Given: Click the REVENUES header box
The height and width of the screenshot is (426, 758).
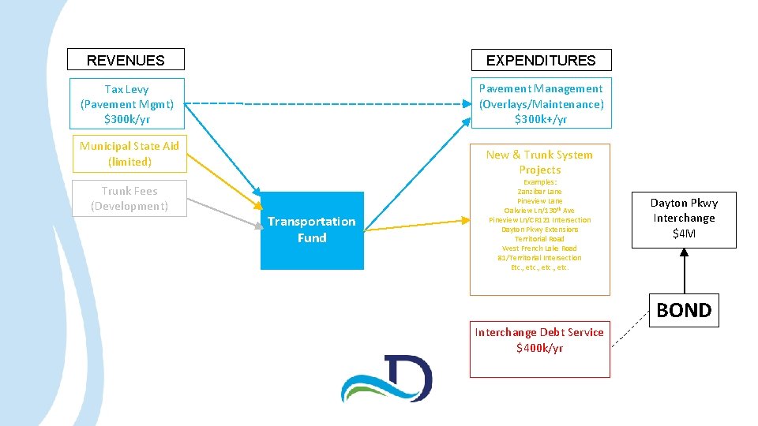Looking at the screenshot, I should tap(126, 60).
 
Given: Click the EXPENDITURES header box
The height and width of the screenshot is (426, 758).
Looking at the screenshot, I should tap(541, 60).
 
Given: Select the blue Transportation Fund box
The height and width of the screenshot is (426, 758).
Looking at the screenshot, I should tap(312, 230).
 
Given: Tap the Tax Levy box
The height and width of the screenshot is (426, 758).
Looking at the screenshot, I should tap(126, 103).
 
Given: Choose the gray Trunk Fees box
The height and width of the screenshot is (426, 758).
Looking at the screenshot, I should tap(129, 198).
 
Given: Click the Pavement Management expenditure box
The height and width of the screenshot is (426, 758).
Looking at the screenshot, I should tap(541, 103).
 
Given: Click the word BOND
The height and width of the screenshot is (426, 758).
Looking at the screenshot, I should tap(684, 310).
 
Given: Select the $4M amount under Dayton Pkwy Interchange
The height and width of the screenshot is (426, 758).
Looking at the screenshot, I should tap(683, 234).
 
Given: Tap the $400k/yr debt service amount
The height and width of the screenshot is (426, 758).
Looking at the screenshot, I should tap(539, 348).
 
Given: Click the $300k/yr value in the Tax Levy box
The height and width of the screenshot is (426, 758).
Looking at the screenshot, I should tap(126, 119).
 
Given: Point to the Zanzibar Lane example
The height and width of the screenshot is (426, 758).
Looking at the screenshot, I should tap(539, 192).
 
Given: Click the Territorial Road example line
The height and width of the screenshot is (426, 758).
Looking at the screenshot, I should tap(539, 239).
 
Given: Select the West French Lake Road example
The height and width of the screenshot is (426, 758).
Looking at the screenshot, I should tap(539, 248).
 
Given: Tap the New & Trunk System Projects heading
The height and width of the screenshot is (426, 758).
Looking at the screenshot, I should tap(539, 162).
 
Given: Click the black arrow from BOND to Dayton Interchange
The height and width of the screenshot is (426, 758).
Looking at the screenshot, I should tap(684, 272).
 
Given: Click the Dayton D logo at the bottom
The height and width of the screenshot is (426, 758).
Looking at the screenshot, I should tap(387, 379).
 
